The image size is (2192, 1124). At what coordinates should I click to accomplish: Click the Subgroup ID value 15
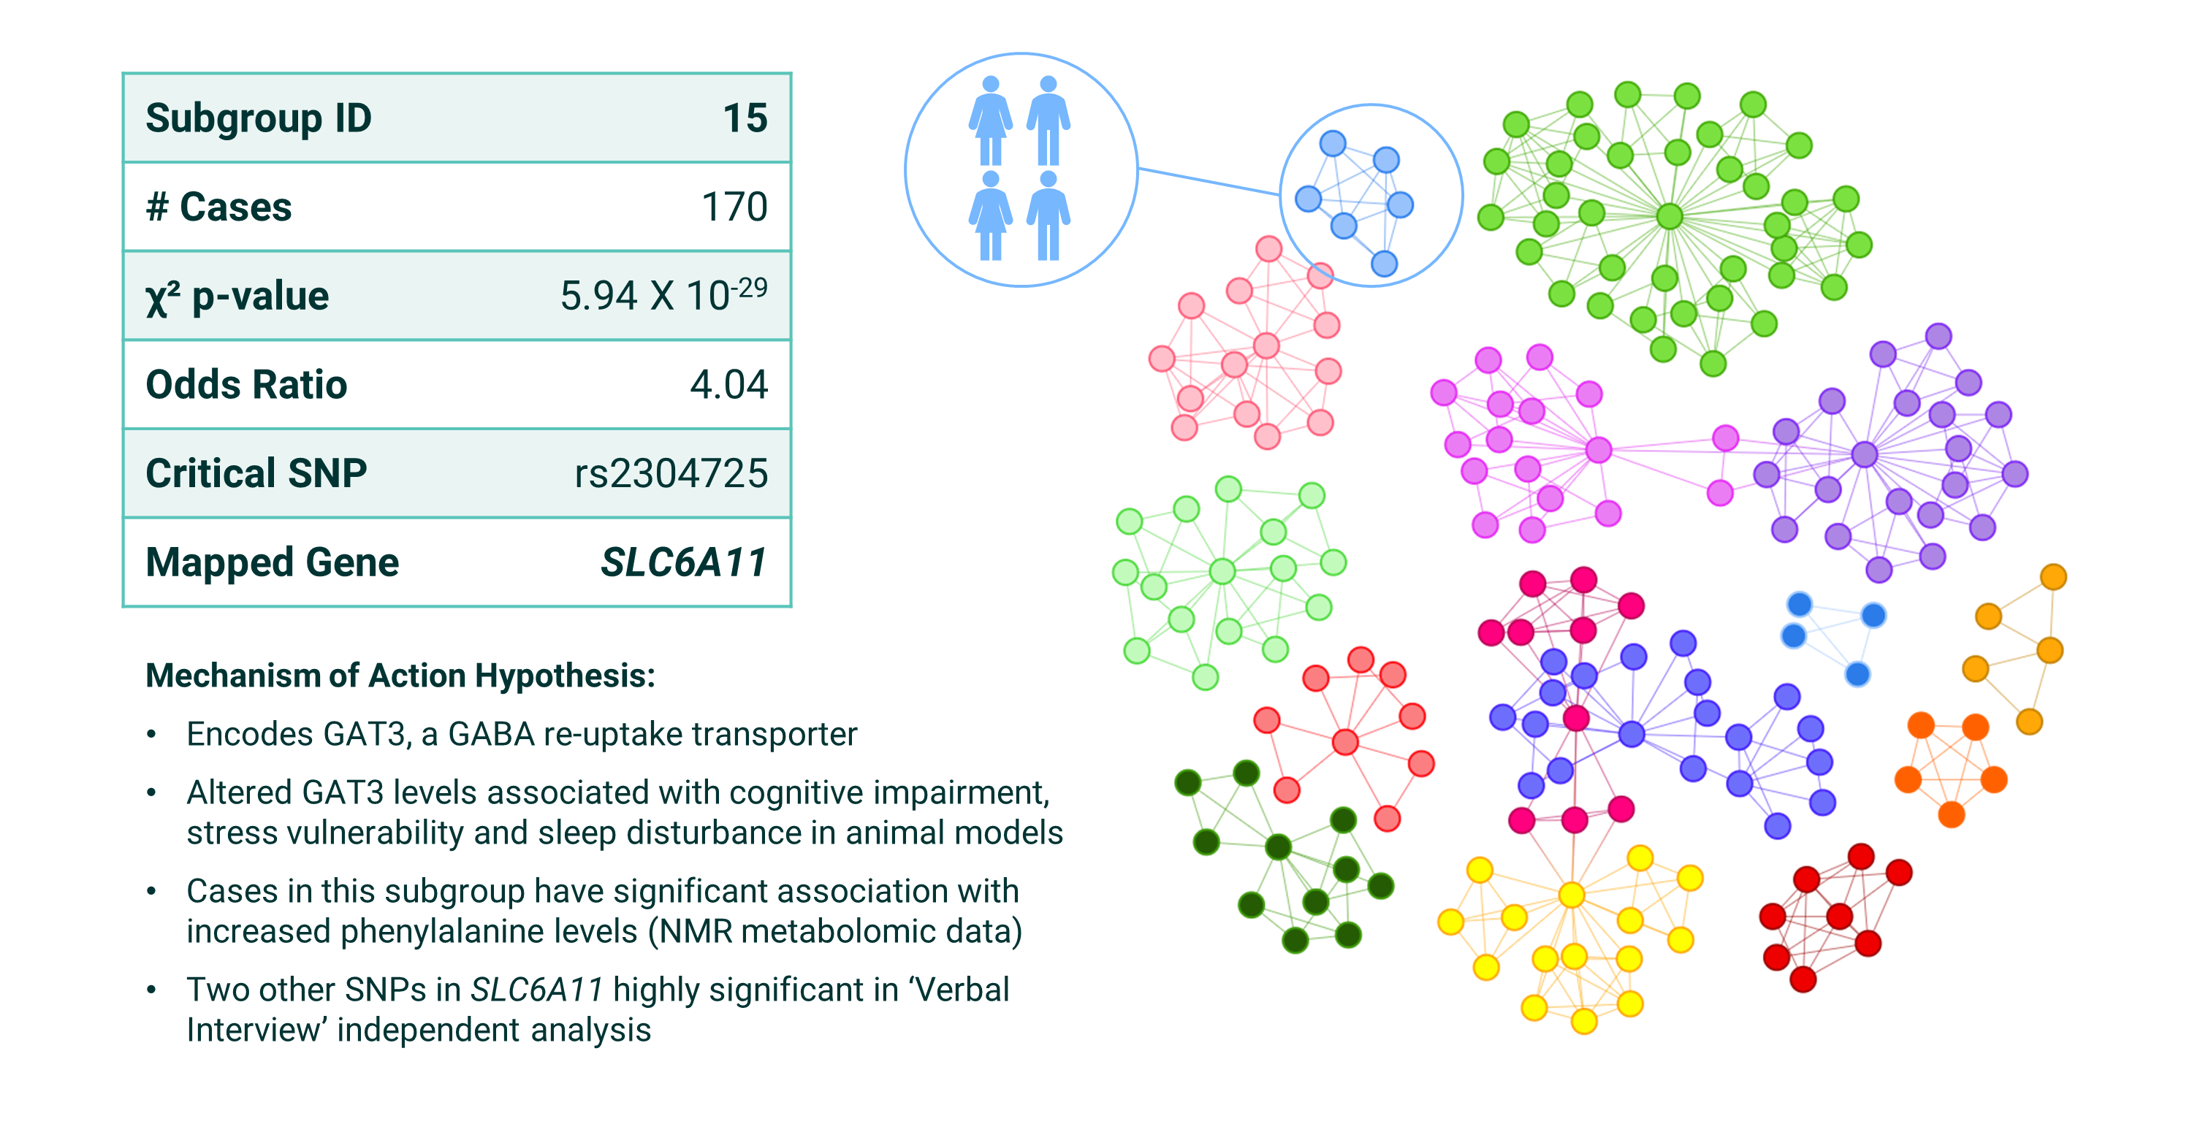pyautogui.click(x=745, y=118)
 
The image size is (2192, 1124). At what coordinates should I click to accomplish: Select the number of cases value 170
pyautogui.click(x=734, y=207)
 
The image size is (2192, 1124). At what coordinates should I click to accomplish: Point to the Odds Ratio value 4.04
pyautogui.click(x=728, y=385)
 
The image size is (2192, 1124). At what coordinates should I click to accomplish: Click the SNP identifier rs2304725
pyautogui.click(x=671, y=473)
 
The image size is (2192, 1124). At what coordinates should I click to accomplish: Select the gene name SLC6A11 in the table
pyautogui.click(x=683, y=562)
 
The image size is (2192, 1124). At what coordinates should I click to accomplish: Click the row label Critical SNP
pyautogui.click(x=256, y=473)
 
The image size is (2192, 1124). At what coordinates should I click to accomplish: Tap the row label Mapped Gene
pyautogui.click(x=273, y=562)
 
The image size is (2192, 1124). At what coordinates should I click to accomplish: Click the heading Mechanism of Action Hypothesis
pyautogui.click(x=400, y=676)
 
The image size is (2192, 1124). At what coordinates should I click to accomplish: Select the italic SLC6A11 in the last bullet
pyautogui.click(x=537, y=990)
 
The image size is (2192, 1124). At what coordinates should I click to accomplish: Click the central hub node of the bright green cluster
pyautogui.click(x=1670, y=216)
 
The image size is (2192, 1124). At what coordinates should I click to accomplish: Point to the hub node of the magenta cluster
pyautogui.click(x=1598, y=449)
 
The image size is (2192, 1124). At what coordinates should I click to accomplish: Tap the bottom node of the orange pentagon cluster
pyautogui.click(x=1951, y=815)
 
